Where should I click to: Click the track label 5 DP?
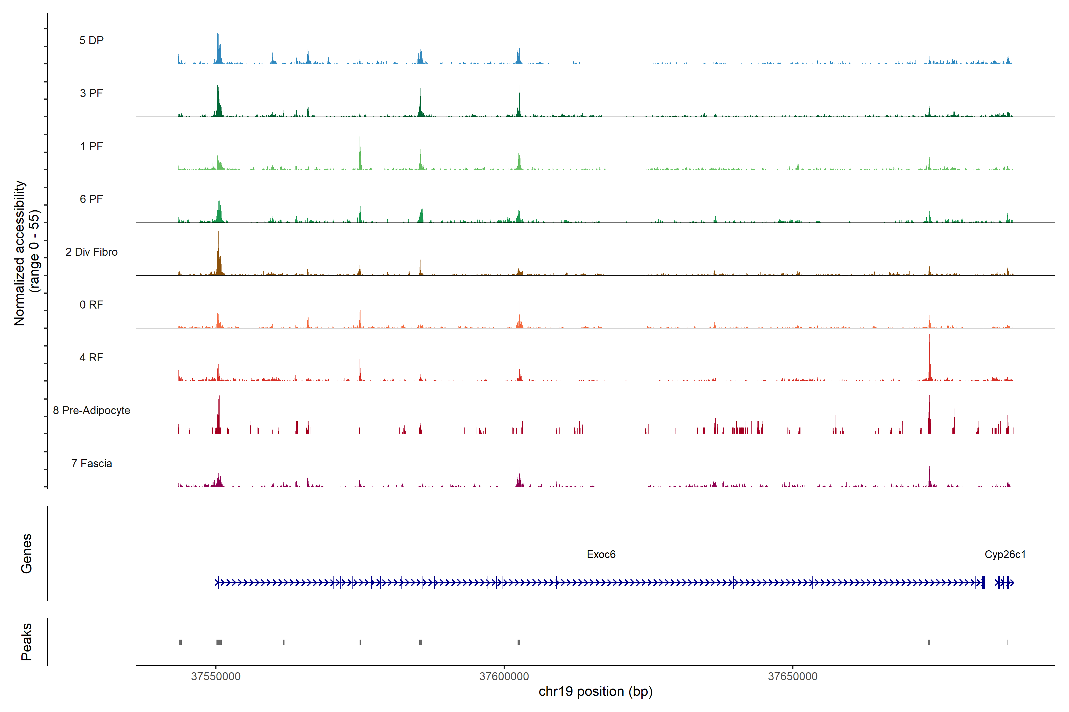pyautogui.click(x=91, y=40)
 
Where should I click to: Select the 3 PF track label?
pyautogui.click(x=91, y=93)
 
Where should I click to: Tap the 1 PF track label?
pyautogui.click(x=91, y=146)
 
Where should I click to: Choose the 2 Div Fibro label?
pyautogui.click(x=91, y=252)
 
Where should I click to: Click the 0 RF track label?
pyautogui.click(x=91, y=305)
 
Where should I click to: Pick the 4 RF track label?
pyautogui.click(x=91, y=357)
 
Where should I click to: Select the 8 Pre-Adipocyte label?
pyautogui.click(x=91, y=411)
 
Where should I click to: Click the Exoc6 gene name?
pyautogui.click(x=601, y=554)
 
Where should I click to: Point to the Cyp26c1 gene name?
pyautogui.click(x=1005, y=554)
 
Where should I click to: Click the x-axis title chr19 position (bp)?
pyautogui.click(x=595, y=692)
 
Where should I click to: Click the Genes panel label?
pyautogui.click(x=26, y=554)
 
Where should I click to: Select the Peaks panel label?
pyautogui.click(x=26, y=642)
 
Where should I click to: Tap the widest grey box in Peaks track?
pyautogui.click(x=219, y=642)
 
